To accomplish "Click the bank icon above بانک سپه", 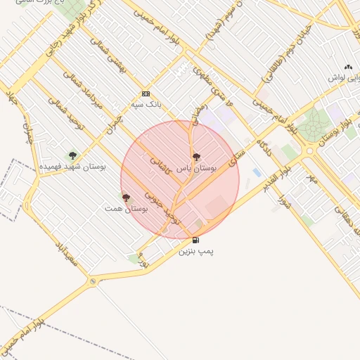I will (146, 94).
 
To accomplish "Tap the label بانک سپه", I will (146, 104).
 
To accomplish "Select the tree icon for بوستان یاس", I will (196, 157).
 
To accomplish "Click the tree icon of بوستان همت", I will (126, 198).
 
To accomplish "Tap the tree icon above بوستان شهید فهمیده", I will (72, 155).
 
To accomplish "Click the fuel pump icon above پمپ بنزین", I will (195, 240).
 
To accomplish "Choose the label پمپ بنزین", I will (195, 250).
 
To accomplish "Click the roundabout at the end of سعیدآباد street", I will (93, 281).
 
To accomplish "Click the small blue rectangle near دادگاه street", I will (257, 172).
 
